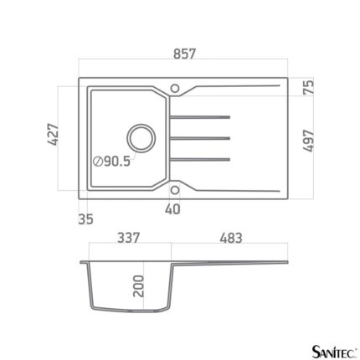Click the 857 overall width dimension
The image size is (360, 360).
tap(184, 54)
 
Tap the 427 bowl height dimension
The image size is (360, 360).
tap(53, 134)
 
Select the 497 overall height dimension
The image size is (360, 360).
tap(308, 141)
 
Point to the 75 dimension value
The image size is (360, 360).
tap(308, 87)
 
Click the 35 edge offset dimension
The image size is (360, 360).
tap(85, 219)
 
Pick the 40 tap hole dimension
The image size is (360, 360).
tap(172, 209)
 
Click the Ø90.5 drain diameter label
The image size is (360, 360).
tap(112, 162)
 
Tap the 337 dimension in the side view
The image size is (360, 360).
tap(128, 238)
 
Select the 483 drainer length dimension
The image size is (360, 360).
tap(231, 238)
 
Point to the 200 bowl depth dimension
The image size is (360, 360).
tap(138, 285)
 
